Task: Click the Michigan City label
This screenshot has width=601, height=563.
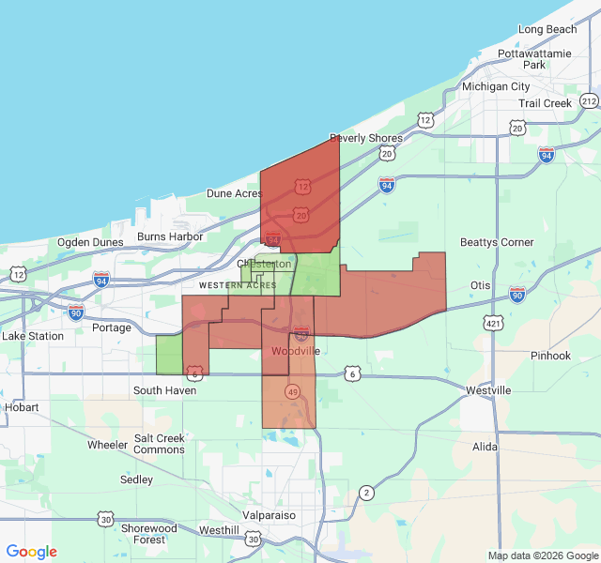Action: tap(496, 86)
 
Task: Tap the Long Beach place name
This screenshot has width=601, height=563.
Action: tap(547, 29)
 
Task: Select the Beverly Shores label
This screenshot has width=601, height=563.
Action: tap(365, 138)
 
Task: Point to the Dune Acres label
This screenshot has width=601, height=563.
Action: tap(234, 193)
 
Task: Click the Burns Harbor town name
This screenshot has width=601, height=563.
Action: tap(170, 236)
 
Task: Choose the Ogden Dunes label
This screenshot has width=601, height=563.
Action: tap(90, 242)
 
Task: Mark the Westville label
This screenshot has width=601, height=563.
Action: tap(488, 389)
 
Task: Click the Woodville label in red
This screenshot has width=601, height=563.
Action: tap(295, 351)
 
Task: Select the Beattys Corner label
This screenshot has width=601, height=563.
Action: tap(498, 242)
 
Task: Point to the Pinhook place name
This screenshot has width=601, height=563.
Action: tap(549, 356)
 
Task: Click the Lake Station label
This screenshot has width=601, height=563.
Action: tap(33, 336)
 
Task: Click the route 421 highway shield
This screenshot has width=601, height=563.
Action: tap(493, 324)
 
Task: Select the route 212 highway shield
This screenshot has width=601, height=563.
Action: tap(589, 100)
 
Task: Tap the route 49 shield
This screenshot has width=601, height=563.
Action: tap(294, 391)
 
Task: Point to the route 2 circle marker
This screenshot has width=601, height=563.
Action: tap(366, 492)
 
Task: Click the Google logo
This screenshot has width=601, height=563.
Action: tap(31, 552)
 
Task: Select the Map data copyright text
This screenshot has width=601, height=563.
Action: tap(542, 555)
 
